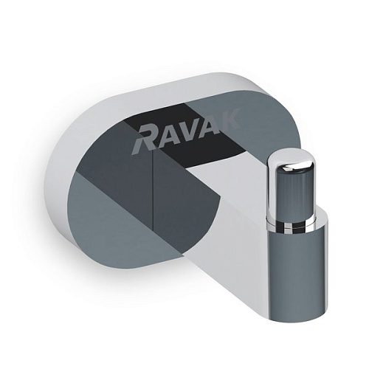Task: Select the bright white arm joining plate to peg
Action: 236,207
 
